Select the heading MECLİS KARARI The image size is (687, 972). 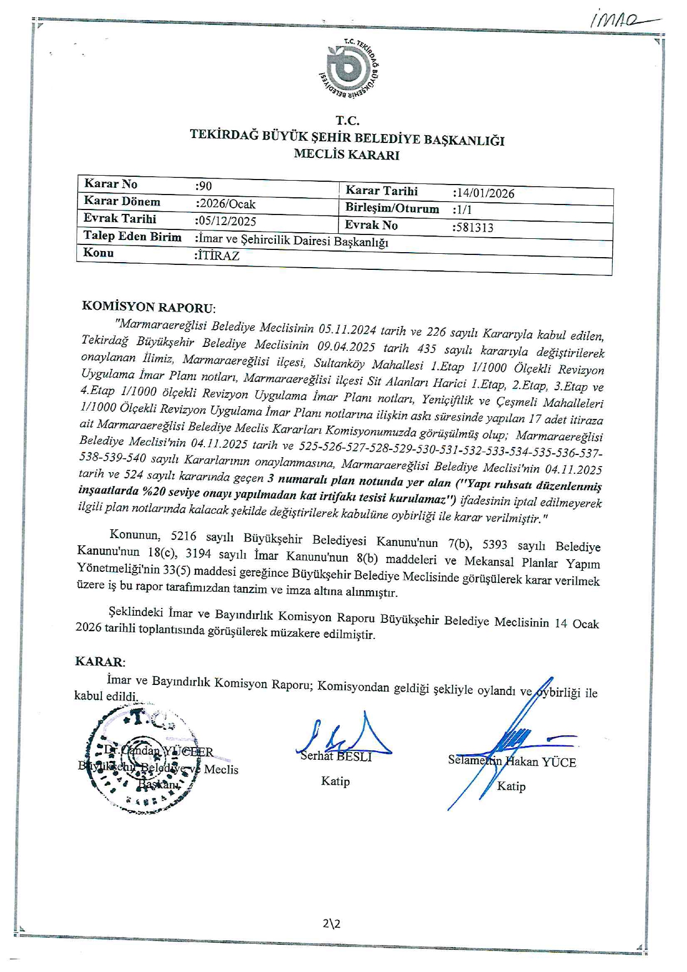point(346,155)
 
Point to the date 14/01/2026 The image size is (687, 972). point(484,193)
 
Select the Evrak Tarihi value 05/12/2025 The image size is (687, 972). point(227,221)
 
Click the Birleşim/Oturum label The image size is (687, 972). point(392,209)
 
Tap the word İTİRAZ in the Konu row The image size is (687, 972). point(218,256)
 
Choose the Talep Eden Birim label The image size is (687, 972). point(132,237)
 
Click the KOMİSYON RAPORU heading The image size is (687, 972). point(148,307)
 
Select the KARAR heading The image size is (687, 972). point(100,662)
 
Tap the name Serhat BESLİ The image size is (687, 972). point(336,756)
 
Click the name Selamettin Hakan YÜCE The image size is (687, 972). point(512,761)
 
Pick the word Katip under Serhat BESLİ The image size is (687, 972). point(335,781)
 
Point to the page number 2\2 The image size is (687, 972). point(331,924)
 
